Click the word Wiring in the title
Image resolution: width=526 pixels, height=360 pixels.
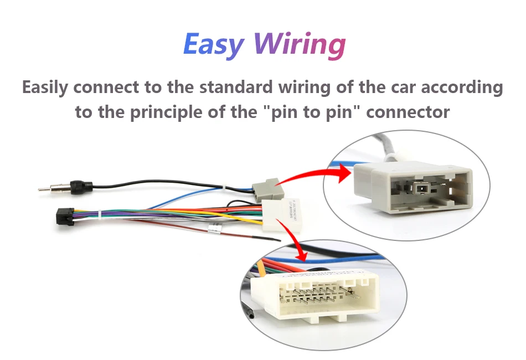pos(300,44)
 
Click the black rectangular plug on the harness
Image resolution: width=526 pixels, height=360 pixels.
pos(66,216)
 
